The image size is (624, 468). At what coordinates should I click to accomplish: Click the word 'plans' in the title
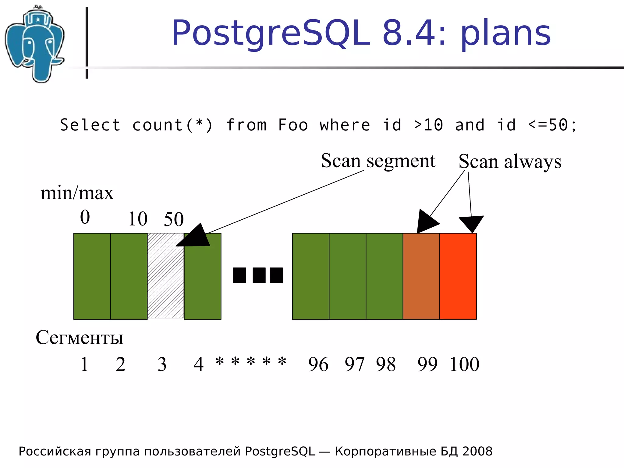pyautogui.click(x=506, y=34)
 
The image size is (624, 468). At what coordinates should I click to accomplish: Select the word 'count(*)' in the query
pyautogui.click(x=172, y=125)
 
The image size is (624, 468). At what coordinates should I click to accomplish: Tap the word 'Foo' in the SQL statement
pyautogui.click(x=293, y=125)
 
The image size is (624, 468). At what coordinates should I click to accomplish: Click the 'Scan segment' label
pyautogui.click(x=378, y=161)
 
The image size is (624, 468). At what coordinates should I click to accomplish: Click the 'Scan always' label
pyautogui.click(x=510, y=161)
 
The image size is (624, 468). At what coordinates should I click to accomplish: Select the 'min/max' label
pyautogui.click(x=77, y=193)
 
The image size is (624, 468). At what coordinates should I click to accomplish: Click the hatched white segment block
pyautogui.click(x=166, y=276)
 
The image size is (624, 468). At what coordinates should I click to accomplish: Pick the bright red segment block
pyautogui.click(x=458, y=276)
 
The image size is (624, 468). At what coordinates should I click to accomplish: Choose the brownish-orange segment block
pyautogui.click(x=421, y=276)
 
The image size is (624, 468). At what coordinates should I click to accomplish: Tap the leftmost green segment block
pyautogui.click(x=92, y=276)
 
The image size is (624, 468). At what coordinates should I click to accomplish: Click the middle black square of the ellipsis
pyautogui.click(x=259, y=275)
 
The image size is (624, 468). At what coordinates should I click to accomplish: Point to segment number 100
pyautogui.click(x=464, y=364)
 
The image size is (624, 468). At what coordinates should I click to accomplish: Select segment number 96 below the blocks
pyautogui.click(x=318, y=364)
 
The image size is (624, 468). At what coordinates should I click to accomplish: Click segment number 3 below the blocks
pyautogui.click(x=162, y=364)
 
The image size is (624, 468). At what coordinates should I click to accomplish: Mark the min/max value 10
pyautogui.click(x=138, y=219)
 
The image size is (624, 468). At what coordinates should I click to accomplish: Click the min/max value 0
pyautogui.click(x=85, y=217)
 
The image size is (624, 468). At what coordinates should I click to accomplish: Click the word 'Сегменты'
pyautogui.click(x=80, y=338)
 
